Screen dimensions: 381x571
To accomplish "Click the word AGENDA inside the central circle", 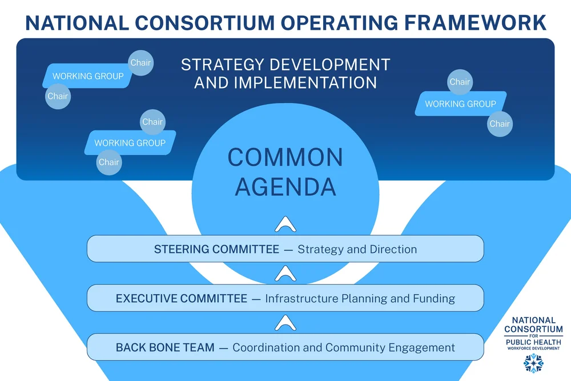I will coord(285,186).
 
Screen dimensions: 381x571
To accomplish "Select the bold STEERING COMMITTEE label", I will coord(216,250).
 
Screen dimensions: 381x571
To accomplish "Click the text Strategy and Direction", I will coord(357,250).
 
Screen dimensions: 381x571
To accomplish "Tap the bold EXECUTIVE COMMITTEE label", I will coord(182,298).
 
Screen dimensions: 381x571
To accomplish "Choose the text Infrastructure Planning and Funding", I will coord(360,298).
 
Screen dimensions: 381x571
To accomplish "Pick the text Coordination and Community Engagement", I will coord(344,347).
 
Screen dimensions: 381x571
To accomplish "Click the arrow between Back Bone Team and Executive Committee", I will coord(285,324).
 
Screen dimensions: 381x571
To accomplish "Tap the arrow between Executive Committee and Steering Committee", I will coord(285,275).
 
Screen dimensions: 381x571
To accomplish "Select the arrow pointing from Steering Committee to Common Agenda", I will coord(285,224).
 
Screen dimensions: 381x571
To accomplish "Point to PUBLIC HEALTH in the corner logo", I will coord(533,342).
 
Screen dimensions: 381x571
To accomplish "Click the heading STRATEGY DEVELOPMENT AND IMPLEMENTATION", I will coord(285,73).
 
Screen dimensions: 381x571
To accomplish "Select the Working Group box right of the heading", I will coord(460,104).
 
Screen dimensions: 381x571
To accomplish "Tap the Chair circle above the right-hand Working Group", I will coord(460,82).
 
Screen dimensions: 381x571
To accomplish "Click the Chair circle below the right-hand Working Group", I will coord(500,124).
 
